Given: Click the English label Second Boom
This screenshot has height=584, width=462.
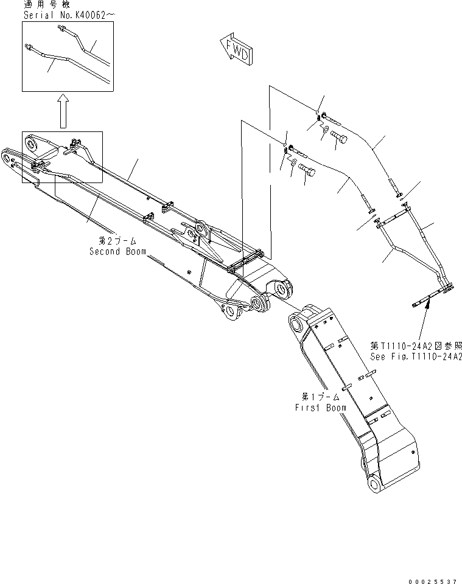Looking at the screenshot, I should (117, 251).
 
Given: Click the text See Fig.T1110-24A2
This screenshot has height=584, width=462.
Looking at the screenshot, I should (416, 356).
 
